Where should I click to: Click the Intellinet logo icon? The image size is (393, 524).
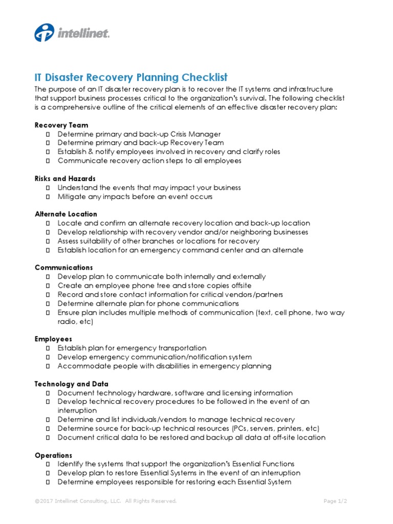[x=44, y=33]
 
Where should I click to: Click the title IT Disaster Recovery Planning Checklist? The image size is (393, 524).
[x=131, y=78]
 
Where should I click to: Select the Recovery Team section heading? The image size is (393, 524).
[x=61, y=125]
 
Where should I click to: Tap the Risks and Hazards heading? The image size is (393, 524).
[x=65, y=179]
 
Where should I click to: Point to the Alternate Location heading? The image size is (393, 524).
[x=66, y=214]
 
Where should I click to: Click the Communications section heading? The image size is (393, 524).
[x=64, y=268]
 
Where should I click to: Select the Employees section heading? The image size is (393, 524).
[x=53, y=339]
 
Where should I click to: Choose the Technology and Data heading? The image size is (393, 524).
[x=72, y=384]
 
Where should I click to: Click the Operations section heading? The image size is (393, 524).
[x=54, y=455]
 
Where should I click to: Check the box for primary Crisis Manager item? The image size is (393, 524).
[x=48, y=134]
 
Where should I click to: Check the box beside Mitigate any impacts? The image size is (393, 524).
[x=48, y=196]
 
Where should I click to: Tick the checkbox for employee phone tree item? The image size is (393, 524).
[x=48, y=286]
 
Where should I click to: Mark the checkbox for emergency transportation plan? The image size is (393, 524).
[x=48, y=348]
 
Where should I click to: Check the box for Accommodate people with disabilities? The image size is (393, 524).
[x=48, y=366]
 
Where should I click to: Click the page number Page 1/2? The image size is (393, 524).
[x=336, y=501]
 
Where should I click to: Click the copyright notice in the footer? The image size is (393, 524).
[x=106, y=501]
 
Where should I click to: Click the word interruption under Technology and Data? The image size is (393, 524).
[x=77, y=410]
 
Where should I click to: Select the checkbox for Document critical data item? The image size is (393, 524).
[x=48, y=438]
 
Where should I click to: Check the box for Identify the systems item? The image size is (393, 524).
[x=48, y=464]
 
